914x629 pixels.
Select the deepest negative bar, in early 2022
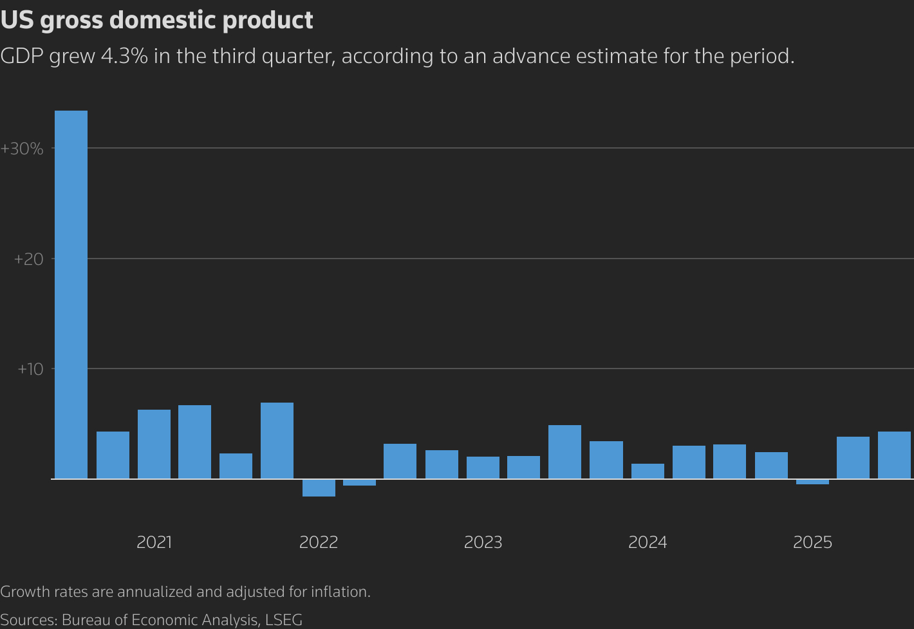coord(319,488)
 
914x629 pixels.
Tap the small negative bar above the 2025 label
coord(812,482)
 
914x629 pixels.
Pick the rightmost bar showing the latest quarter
coord(894,455)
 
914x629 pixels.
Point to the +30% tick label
coord(23,149)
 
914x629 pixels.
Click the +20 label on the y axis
coord(28,260)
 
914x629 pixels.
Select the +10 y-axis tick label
coord(30,370)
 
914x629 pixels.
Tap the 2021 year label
coord(154,543)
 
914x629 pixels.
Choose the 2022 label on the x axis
coord(319,543)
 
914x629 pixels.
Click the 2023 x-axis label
coord(483,543)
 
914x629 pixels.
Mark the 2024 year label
coord(648,543)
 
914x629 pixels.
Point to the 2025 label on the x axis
coord(812,543)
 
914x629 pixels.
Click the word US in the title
coord(17,21)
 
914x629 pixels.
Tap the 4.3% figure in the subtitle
coord(124,57)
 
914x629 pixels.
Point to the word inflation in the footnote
coord(339,592)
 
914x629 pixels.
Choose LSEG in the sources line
coord(283,620)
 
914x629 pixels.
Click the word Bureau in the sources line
coord(86,620)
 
